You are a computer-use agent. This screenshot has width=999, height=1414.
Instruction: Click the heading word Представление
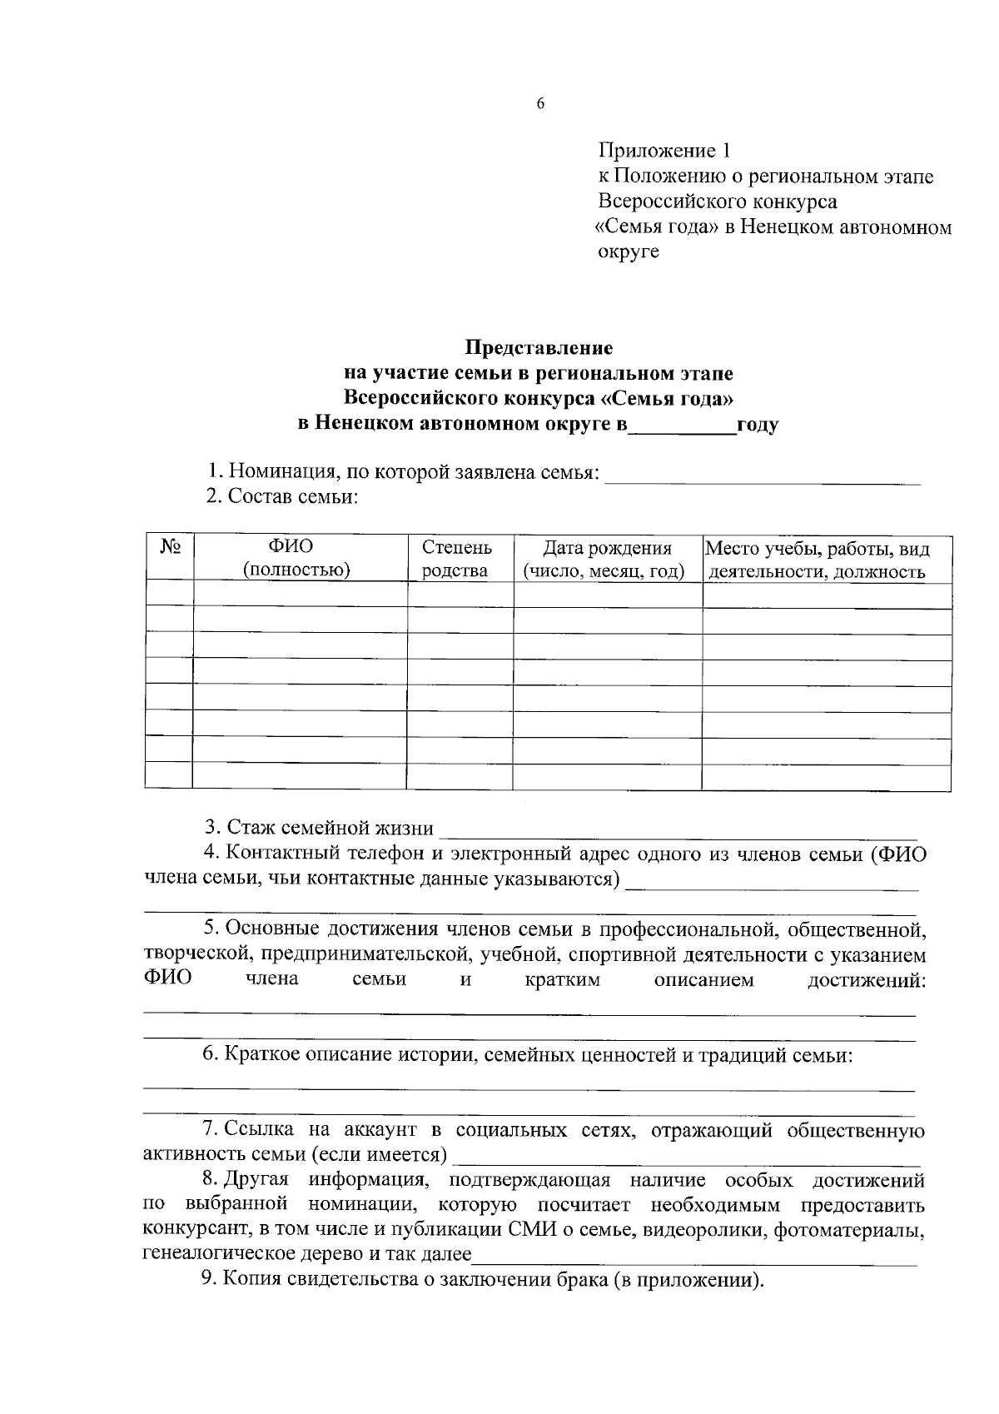pos(539,346)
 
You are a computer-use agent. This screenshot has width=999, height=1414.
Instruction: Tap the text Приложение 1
pos(664,151)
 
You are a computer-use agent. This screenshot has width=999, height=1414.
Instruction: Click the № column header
pos(170,549)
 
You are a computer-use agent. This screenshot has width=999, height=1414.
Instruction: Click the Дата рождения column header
pos(606,559)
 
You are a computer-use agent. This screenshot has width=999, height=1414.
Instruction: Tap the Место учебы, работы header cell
pos(817,560)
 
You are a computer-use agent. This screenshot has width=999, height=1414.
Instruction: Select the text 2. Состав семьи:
pos(281,497)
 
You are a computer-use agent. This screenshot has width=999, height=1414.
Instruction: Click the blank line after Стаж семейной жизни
pos(676,830)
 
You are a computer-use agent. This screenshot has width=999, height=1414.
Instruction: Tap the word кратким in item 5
pos(562,979)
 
